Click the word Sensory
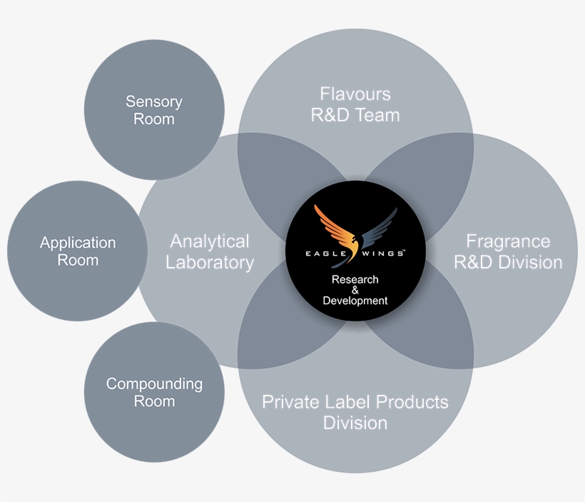point(154,102)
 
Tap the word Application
point(78,244)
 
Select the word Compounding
point(154,384)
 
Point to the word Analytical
point(210,241)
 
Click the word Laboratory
point(210,263)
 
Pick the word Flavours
point(355,94)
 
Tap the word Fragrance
point(508,241)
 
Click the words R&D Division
point(508,263)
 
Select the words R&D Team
point(355,115)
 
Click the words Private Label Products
point(355,402)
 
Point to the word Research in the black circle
point(355,279)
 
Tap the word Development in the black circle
point(355,301)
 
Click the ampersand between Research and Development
point(355,290)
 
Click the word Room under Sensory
point(154,119)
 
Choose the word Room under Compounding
point(154,401)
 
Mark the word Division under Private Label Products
point(355,423)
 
